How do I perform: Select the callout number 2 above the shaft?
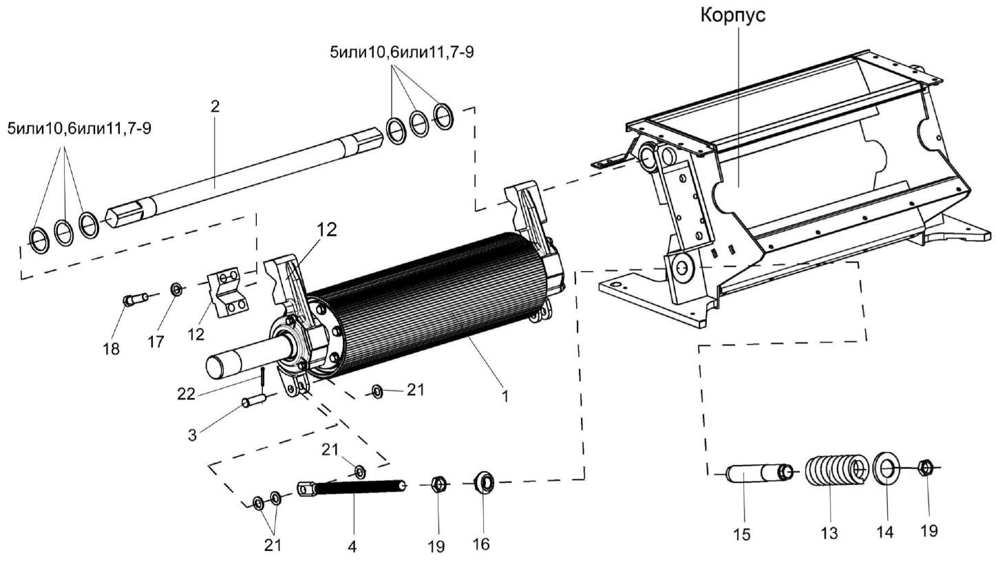215,106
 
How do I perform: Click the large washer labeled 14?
886,470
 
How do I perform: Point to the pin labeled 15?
756,473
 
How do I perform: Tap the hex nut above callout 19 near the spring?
926,468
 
